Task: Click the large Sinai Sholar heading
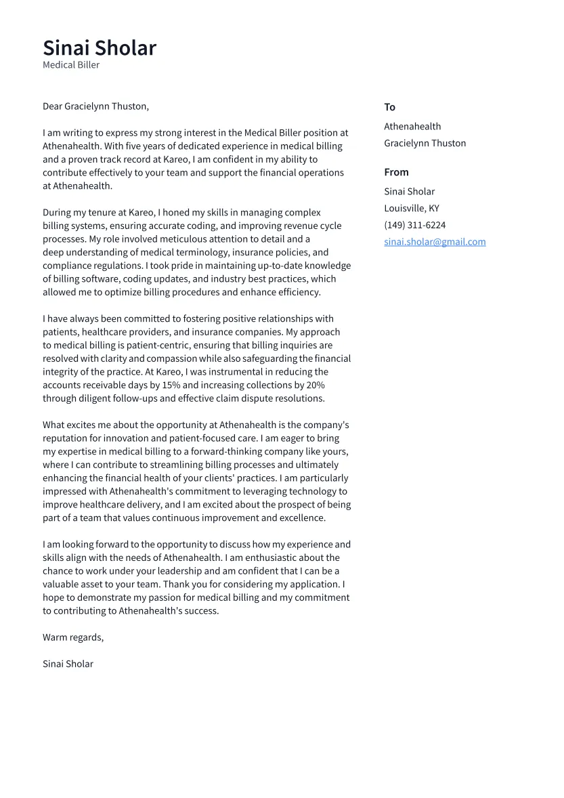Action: (100, 48)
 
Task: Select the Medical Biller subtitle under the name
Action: (71, 65)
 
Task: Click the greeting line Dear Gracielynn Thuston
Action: (95, 106)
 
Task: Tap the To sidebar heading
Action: (389, 107)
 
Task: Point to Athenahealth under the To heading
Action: (412, 127)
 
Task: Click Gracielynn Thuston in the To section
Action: (425, 144)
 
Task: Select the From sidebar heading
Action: (396, 172)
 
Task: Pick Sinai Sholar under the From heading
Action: (409, 192)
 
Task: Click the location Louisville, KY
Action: (411, 209)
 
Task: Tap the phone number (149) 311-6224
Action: (414, 225)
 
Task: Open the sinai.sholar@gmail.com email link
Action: (435, 242)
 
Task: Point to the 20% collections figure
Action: (316, 385)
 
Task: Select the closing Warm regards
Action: (73, 637)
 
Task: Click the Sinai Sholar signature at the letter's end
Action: (68, 664)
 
